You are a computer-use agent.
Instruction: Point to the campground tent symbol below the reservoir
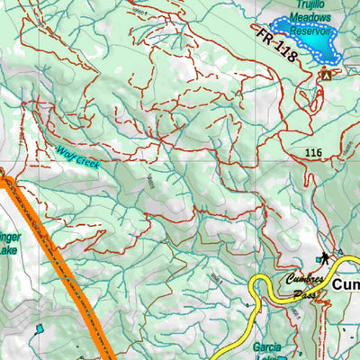tap(325, 76)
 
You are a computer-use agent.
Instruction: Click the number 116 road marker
tap(312, 155)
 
